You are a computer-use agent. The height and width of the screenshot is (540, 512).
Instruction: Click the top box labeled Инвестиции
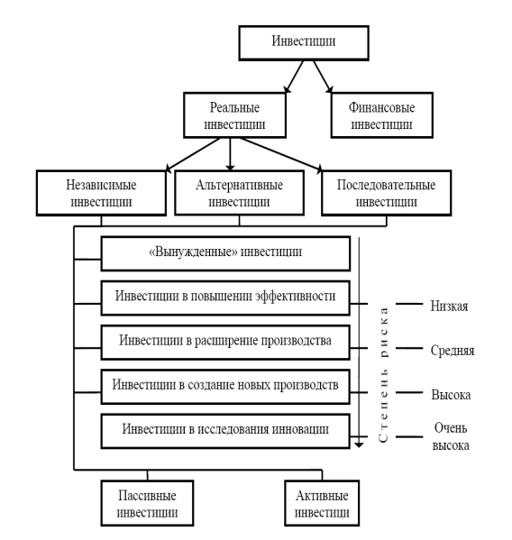point(304,43)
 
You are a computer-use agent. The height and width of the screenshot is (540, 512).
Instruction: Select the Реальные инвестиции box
point(235,115)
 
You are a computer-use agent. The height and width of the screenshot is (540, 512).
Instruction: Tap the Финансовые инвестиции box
point(382,115)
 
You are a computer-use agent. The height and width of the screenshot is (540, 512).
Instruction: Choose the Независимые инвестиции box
point(101,193)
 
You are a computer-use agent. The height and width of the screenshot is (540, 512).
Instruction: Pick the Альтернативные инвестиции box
point(239,193)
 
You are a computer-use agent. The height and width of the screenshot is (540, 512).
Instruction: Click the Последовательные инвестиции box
point(387,193)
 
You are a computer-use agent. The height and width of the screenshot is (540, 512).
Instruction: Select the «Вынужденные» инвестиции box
point(225,253)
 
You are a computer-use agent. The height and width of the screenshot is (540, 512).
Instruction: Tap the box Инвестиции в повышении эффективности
point(225,297)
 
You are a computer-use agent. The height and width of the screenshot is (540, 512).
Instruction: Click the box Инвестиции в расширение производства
point(225,343)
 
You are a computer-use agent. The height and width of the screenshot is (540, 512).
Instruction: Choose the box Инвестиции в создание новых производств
point(225,387)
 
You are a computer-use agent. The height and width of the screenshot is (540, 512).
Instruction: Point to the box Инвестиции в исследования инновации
point(225,431)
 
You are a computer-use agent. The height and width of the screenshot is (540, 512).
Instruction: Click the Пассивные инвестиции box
point(147,503)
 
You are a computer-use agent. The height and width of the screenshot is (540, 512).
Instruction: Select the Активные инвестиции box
point(322,503)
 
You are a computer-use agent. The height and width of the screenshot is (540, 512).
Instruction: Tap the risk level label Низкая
point(449,306)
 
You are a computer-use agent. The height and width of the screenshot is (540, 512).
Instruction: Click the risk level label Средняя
point(453,351)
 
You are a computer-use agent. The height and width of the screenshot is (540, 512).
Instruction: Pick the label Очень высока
point(451,436)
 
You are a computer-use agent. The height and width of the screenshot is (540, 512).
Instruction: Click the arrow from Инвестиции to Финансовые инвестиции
point(323,77)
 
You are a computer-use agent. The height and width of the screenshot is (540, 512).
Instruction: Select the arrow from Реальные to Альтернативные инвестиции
point(230,154)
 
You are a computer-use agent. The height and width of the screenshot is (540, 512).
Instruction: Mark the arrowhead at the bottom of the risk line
point(359,444)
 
